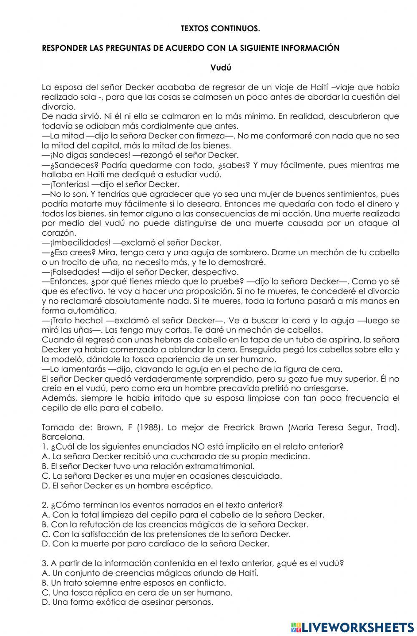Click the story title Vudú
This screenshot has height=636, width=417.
click(x=221, y=68)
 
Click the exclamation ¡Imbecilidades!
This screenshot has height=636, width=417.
click(x=74, y=242)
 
